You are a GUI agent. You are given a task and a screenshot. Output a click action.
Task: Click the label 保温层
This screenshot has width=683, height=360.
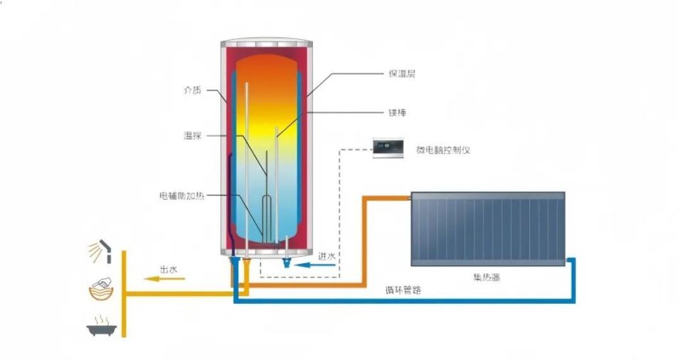click(401, 73)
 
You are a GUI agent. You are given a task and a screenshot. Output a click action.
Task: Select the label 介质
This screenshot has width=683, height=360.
click(192, 90)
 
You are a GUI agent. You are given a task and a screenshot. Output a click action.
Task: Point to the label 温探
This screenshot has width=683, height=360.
click(193, 135)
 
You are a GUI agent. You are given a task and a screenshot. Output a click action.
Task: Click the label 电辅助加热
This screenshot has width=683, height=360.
click(182, 195)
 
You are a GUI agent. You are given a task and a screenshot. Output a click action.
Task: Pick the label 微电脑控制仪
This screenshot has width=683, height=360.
click(443, 150)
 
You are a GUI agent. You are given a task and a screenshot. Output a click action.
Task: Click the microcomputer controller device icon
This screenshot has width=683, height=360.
click(388, 149)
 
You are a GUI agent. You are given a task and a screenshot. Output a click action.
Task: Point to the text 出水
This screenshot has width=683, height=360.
click(168, 269)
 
